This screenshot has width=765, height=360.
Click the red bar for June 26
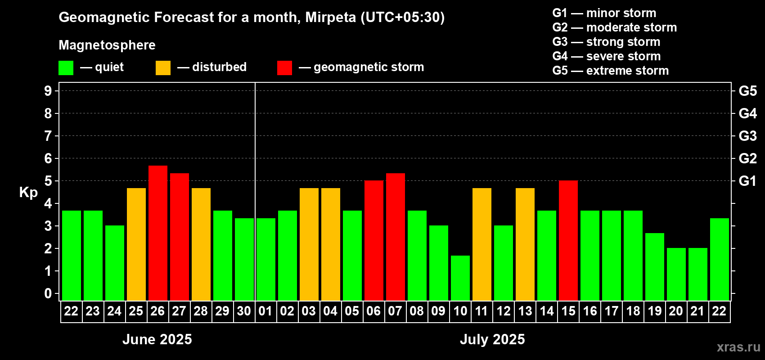(158, 233)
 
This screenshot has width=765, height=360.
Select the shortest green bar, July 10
(460, 278)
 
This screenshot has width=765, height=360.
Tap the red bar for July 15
(568, 241)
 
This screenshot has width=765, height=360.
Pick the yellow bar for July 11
(482, 244)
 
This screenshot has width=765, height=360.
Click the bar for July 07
(396, 237)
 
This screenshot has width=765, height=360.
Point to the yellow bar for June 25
(136, 244)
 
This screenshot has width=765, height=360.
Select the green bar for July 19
(655, 267)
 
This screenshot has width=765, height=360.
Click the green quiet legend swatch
(66, 68)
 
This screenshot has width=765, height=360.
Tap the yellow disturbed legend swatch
(163, 68)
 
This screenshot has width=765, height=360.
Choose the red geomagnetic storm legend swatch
(284, 68)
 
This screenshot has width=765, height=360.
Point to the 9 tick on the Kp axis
(48, 91)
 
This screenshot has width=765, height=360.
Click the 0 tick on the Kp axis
(48, 294)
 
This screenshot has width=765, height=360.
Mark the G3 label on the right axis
(747, 136)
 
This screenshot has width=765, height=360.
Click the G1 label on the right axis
(747, 181)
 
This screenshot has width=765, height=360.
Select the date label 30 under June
(244, 311)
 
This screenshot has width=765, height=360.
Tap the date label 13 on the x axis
(525, 311)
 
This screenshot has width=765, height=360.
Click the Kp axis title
(28, 193)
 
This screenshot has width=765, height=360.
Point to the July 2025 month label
(492, 339)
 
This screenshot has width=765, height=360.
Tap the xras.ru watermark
(738, 347)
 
